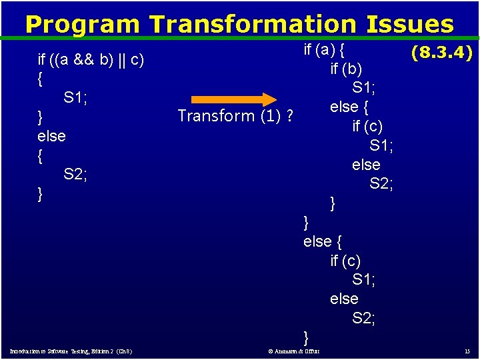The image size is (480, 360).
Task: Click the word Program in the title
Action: tap(83, 24)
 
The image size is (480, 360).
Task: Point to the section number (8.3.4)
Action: tap(441, 53)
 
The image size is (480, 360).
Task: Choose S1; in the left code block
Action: tap(76, 98)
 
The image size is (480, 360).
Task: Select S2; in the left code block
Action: tap(76, 175)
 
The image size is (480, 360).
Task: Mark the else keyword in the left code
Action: tap(51, 136)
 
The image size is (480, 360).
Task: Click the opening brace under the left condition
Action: tap(41, 79)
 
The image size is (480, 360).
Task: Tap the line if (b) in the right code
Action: tap(346, 69)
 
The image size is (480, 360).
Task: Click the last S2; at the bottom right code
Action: tap(364, 318)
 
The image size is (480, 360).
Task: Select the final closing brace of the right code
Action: tap(306, 337)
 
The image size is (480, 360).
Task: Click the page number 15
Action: tap(467, 351)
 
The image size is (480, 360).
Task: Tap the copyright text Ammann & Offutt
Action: tap(293, 351)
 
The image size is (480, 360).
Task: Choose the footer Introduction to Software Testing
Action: tap(70, 351)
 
